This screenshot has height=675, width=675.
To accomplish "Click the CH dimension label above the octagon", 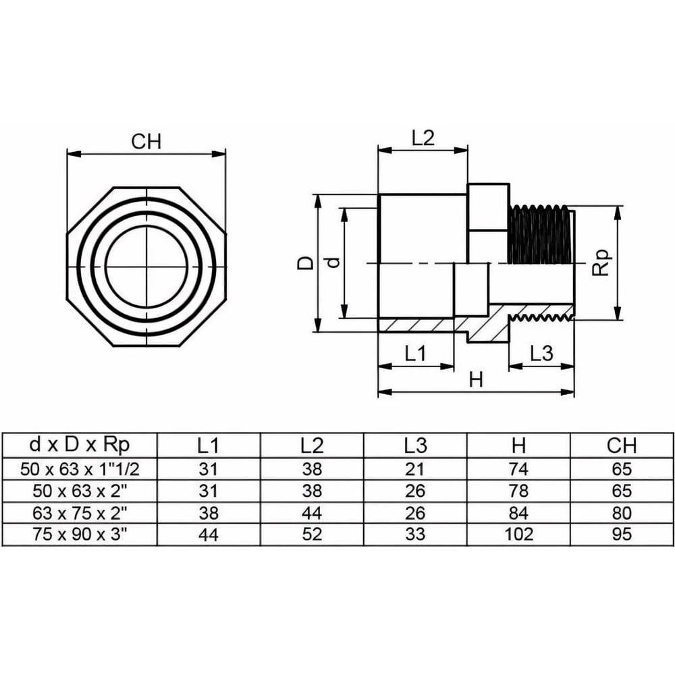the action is click(x=146, y=142).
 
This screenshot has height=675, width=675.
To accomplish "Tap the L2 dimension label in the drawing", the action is click(x=423, y=138).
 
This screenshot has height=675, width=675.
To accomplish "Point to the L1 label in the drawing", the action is click(x=415, y=354).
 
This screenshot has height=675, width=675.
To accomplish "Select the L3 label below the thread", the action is click(x=541, y=354).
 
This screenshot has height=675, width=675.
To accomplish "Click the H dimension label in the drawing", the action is click(x=476, y=380).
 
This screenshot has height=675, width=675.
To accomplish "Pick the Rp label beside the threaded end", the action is click(x=601, y=262).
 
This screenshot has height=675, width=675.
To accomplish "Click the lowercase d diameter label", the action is click(x=334, y=262).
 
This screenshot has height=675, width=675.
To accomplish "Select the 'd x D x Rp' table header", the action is click(x=80, y=445).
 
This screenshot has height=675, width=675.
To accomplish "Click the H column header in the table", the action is click(x=518, y=446).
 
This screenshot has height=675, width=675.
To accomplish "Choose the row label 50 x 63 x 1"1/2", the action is click(x=80, y=469).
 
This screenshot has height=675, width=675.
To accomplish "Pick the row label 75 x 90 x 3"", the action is click(x=80, y=534).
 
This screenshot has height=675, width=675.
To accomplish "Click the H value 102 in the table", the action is click(x=518, y=534).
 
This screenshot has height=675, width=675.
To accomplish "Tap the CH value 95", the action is click(x=622, y=534).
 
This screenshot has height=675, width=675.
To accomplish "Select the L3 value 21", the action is click(x=415, y=469).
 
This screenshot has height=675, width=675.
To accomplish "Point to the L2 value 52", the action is click(x=312, y=534).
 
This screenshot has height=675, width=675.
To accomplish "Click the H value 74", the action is click(x=518, y=469).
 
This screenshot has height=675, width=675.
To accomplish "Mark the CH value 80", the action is click(x=622, y=513).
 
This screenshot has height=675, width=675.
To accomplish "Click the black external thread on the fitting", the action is click(x=541, y=235).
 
